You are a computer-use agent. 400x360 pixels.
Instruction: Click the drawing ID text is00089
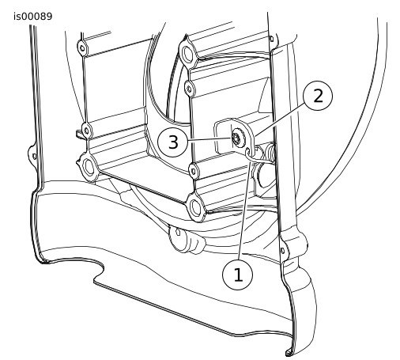pyautogui.click(x=33, y=17)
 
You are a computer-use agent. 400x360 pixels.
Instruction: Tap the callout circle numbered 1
pyautogui.click(x=238, y=275)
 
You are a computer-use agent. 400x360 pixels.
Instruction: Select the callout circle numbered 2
pyautogui.click(x=318, y=96)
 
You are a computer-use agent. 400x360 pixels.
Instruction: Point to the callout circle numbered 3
pyautogui.click(x=172, y=142)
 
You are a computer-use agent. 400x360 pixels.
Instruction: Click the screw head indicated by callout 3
pyautogui.click(x=236, y=138)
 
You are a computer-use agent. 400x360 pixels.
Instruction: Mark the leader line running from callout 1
pyautogui.click(x=244, y=210)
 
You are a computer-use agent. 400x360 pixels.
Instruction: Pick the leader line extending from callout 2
pyautogui.click(x=280, y=119)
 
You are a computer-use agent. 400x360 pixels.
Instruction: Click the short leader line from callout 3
pyautogui.click(x=209, y=139)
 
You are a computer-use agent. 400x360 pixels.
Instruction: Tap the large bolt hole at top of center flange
pyautogui.click(x=187, y=54)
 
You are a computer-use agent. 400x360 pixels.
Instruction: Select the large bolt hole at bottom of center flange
pyautogui.click(x=196, y=207)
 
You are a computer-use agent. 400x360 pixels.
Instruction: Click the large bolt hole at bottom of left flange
pyautogui.click(x=89, y=168)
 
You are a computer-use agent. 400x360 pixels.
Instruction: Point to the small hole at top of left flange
pyautogui.click(x=82, y=48)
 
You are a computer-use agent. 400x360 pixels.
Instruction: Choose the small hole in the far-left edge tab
pyautogui.click(x=34, y=157)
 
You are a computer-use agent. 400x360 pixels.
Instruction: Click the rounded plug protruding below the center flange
pyautogui.click(x=187, y=239)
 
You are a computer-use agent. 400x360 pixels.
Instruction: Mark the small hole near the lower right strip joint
pyautogui.click(x=283, y=250)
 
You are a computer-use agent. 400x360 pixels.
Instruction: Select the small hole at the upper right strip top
pyautogui.click(x=272, y=39)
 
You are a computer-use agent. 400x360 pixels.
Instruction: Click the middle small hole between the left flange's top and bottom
pyautogui.click(x=86, y=130)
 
